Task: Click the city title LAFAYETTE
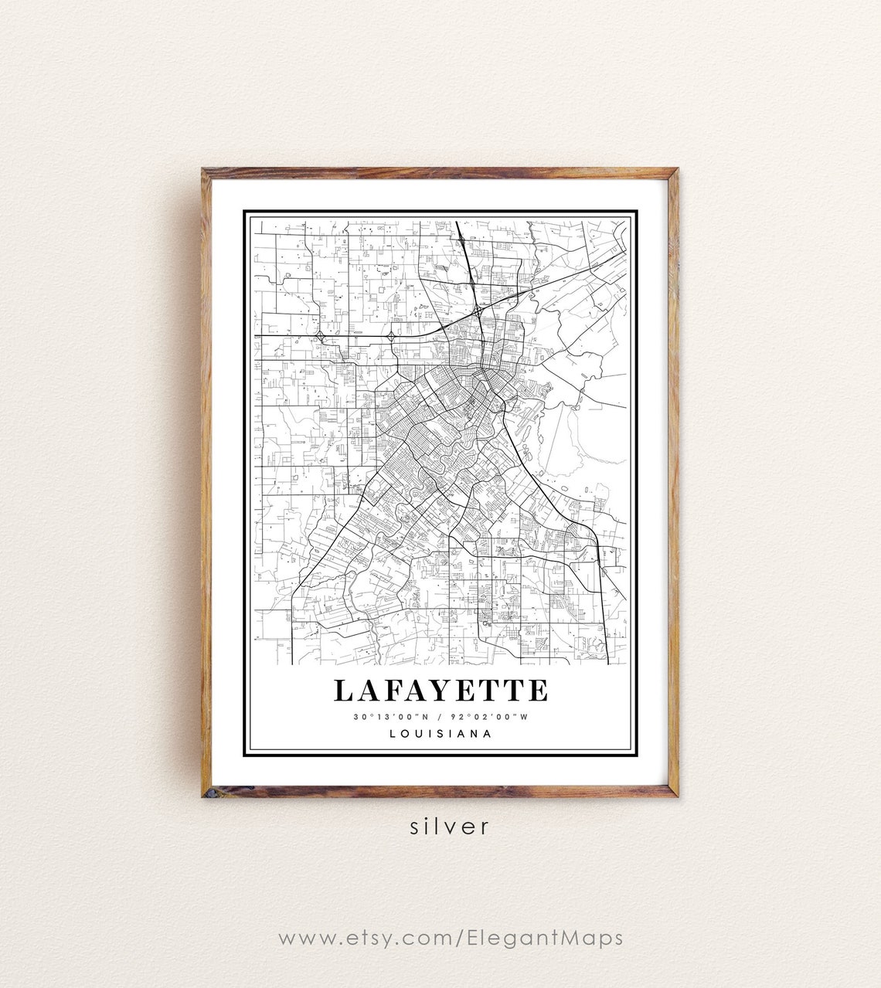[x=440, y=690]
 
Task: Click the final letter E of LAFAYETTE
[x=538, y=691]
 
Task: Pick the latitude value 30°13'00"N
[x=389, y=717]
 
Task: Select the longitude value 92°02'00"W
[x=492, y=717]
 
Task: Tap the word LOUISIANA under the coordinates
[x=440, y=734]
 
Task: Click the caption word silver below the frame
[x=450, y=826]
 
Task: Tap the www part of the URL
[x=303, y=938]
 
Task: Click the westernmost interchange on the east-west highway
[x=320, y=336]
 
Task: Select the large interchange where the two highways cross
[x=479, y=311]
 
